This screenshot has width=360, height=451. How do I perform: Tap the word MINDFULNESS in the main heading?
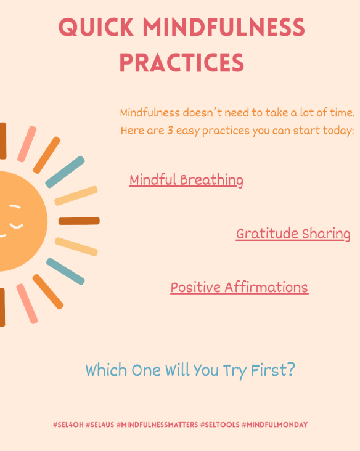(224, 28)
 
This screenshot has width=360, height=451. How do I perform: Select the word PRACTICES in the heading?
(181, 62)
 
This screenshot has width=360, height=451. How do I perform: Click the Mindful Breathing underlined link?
(186, 180)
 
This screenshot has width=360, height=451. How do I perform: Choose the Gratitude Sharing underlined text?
(293, 234)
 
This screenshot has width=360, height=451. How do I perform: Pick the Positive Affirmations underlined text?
(239, 287)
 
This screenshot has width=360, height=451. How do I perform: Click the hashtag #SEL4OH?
(68, 425)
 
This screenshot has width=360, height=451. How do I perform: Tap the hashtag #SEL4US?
(99, 425)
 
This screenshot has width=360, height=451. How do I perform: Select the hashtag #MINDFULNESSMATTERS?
(157, 425)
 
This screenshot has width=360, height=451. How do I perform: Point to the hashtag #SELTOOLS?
(219, 425)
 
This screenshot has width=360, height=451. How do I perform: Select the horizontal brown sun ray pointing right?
(79, 221)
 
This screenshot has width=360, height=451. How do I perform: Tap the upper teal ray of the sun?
(65, 172)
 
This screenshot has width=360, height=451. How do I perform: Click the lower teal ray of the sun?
(65, 267)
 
